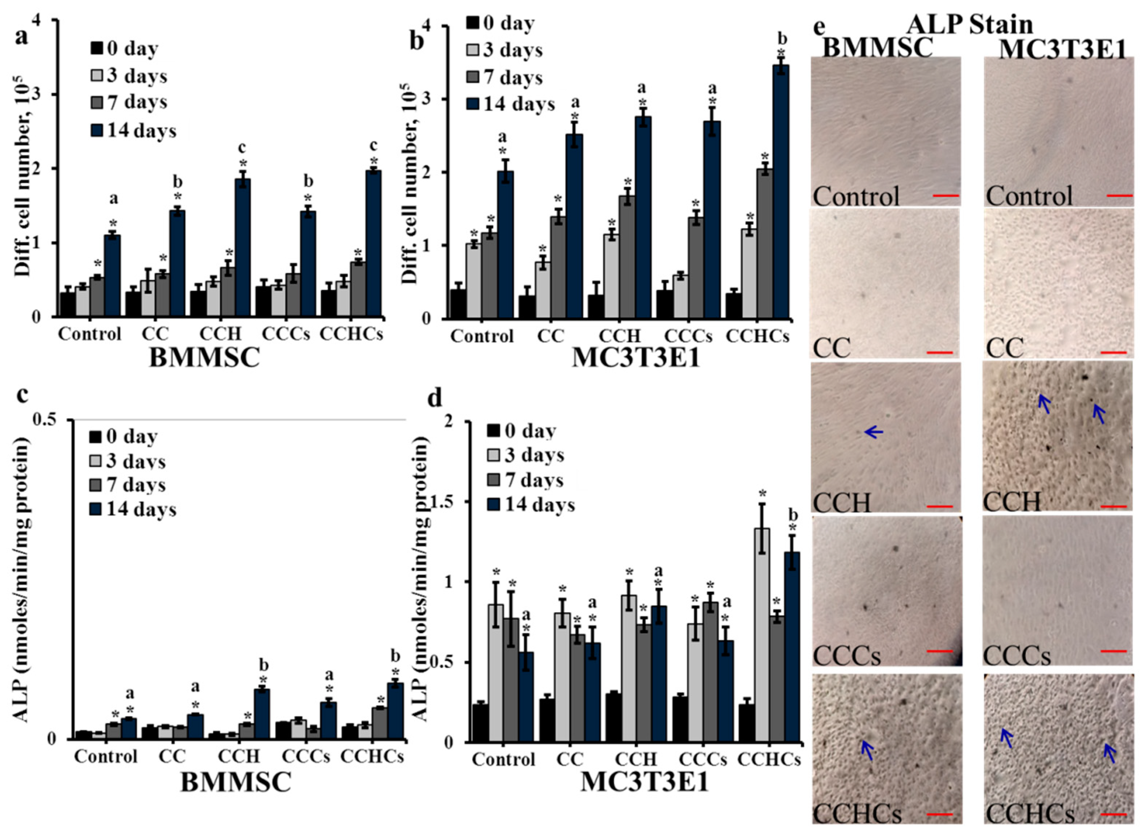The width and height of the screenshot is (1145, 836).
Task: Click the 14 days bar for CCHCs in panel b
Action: click(781, 192)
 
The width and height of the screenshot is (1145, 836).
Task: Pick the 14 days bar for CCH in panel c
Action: click(262, 713)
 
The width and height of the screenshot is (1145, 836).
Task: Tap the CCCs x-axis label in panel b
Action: click(688, 336)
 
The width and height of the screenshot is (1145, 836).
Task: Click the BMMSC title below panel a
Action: click(204, 358)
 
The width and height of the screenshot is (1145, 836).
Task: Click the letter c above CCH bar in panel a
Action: click(243, 147)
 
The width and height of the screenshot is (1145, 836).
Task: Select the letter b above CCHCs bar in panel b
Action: click(782, 38)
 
